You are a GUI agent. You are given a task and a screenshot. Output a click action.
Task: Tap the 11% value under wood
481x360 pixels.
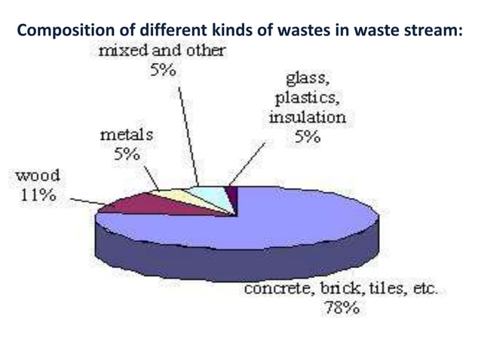point(38,195)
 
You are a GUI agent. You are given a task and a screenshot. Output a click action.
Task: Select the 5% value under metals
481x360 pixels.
point(127,154)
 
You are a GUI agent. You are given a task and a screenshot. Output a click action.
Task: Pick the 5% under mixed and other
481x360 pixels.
point(163,70)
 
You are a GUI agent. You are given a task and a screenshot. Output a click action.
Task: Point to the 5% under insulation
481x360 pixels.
point(308,136)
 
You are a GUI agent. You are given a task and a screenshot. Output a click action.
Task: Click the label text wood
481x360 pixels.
point(38,176)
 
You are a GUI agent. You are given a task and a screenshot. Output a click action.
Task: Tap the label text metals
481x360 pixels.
point(127,135)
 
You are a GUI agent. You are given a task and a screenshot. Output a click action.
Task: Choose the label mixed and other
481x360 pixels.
point(162,50)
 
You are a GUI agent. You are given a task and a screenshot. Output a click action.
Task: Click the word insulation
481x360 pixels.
point(308,117)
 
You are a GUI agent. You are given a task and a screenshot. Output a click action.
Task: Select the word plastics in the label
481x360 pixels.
point(307,99)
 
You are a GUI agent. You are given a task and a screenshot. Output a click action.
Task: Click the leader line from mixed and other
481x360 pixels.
point(188,136)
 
